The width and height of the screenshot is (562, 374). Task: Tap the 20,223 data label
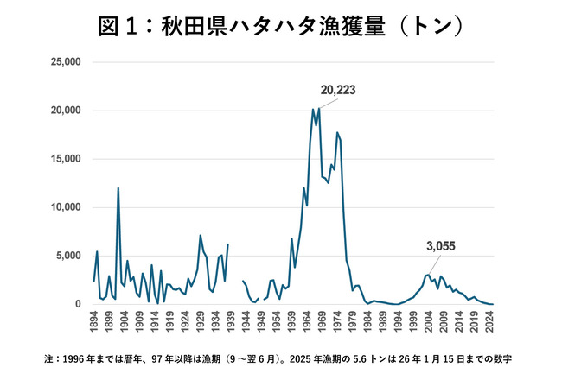click(338, 90)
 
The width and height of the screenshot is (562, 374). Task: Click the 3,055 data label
click(440, 246)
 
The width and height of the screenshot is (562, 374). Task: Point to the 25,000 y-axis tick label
click(66, 62)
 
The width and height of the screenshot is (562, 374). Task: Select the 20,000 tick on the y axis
click(66, 111)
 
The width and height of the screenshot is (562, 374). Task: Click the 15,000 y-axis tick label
click(66, 159)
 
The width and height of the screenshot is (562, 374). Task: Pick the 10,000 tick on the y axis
click(66, 207)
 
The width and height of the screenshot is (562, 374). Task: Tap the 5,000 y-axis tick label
click(69, 256)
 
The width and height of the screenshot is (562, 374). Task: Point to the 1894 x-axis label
click(93, 322)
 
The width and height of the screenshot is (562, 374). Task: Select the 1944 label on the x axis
click(244, 322)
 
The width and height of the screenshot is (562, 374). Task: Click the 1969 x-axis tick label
click(320, 322)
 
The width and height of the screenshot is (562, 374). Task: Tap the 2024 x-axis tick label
click(490, 322)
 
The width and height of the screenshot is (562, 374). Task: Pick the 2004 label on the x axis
click(428, 322)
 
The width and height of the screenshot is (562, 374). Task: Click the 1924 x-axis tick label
click(184, 322)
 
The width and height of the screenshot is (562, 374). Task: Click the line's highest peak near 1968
click(319, 108)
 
